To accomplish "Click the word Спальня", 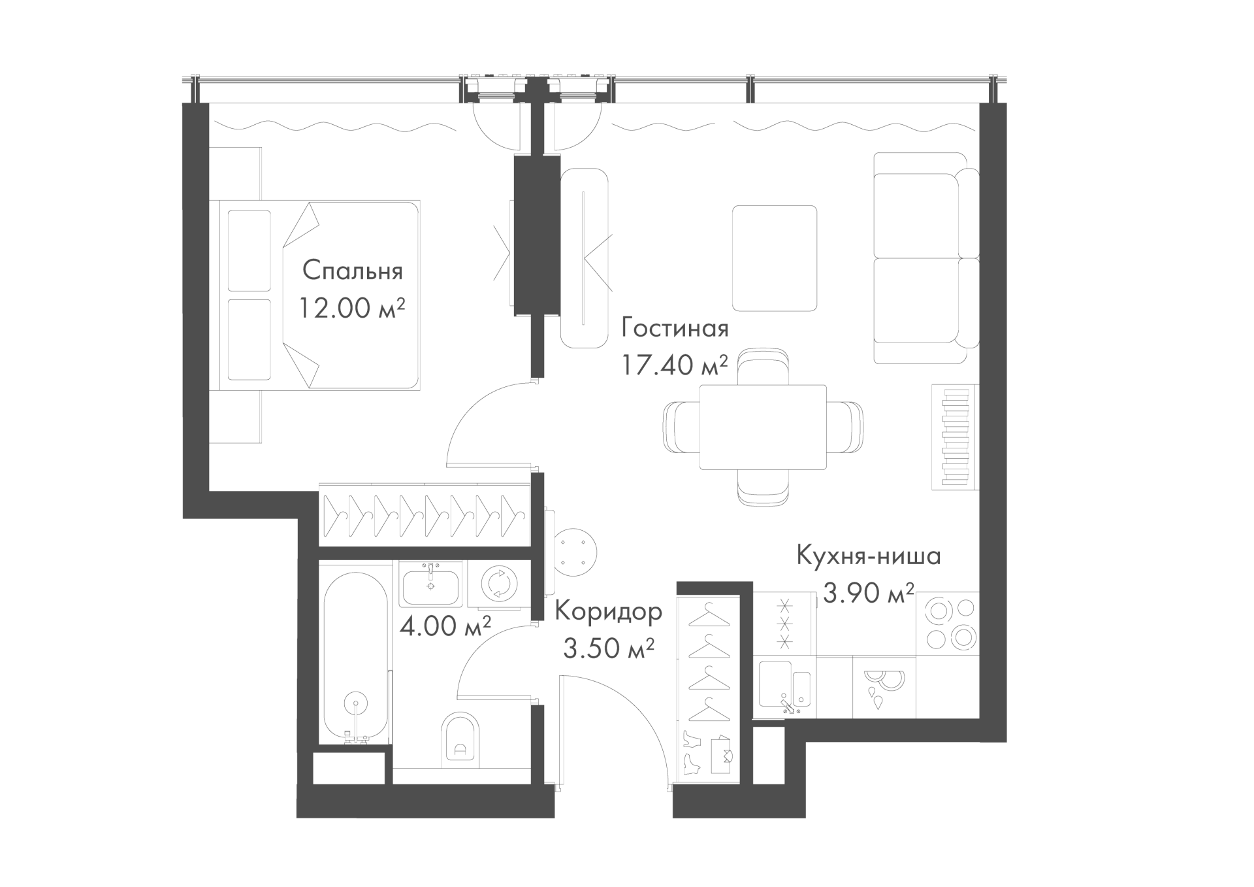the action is click(x=353, y=270).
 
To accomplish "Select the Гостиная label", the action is click(x=675, y=327).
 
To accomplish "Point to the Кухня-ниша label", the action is click(x=868, y=556).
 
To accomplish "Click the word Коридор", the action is click(x=609, y=612).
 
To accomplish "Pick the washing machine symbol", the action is click(x=500, y=584).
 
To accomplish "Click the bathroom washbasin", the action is click(x=431, y=585).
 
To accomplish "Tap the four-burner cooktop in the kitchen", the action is click(x=948, y=624).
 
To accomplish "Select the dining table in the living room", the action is click(x=763, y=427).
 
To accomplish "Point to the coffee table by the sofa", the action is click(x=775, y=258).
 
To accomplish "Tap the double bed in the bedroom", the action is click(x=319, y=295).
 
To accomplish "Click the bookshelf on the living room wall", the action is click(x=956, y=437).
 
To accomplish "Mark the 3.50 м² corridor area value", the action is click(x=608, y=650).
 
